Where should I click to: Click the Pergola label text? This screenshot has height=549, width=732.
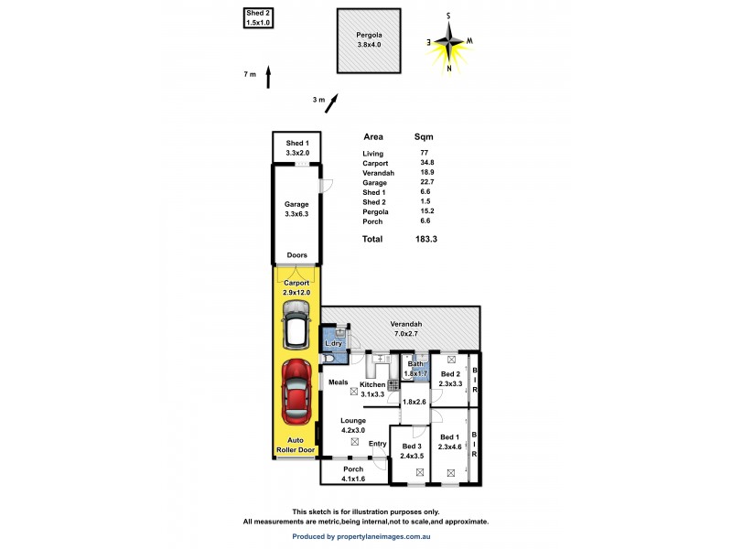pos(369,36)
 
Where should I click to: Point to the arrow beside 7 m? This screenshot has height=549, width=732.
pos(267,77)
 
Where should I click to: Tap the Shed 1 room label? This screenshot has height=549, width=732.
pos(296,144)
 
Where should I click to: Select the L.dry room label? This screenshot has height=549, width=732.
pos(333,343)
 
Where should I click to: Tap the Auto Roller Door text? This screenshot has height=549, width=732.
pos(295,445)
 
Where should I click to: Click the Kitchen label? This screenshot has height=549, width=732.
pos(372,384)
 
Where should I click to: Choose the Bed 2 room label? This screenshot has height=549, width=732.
pos(451,374)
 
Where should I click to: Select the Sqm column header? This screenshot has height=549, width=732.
pos(424,135)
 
